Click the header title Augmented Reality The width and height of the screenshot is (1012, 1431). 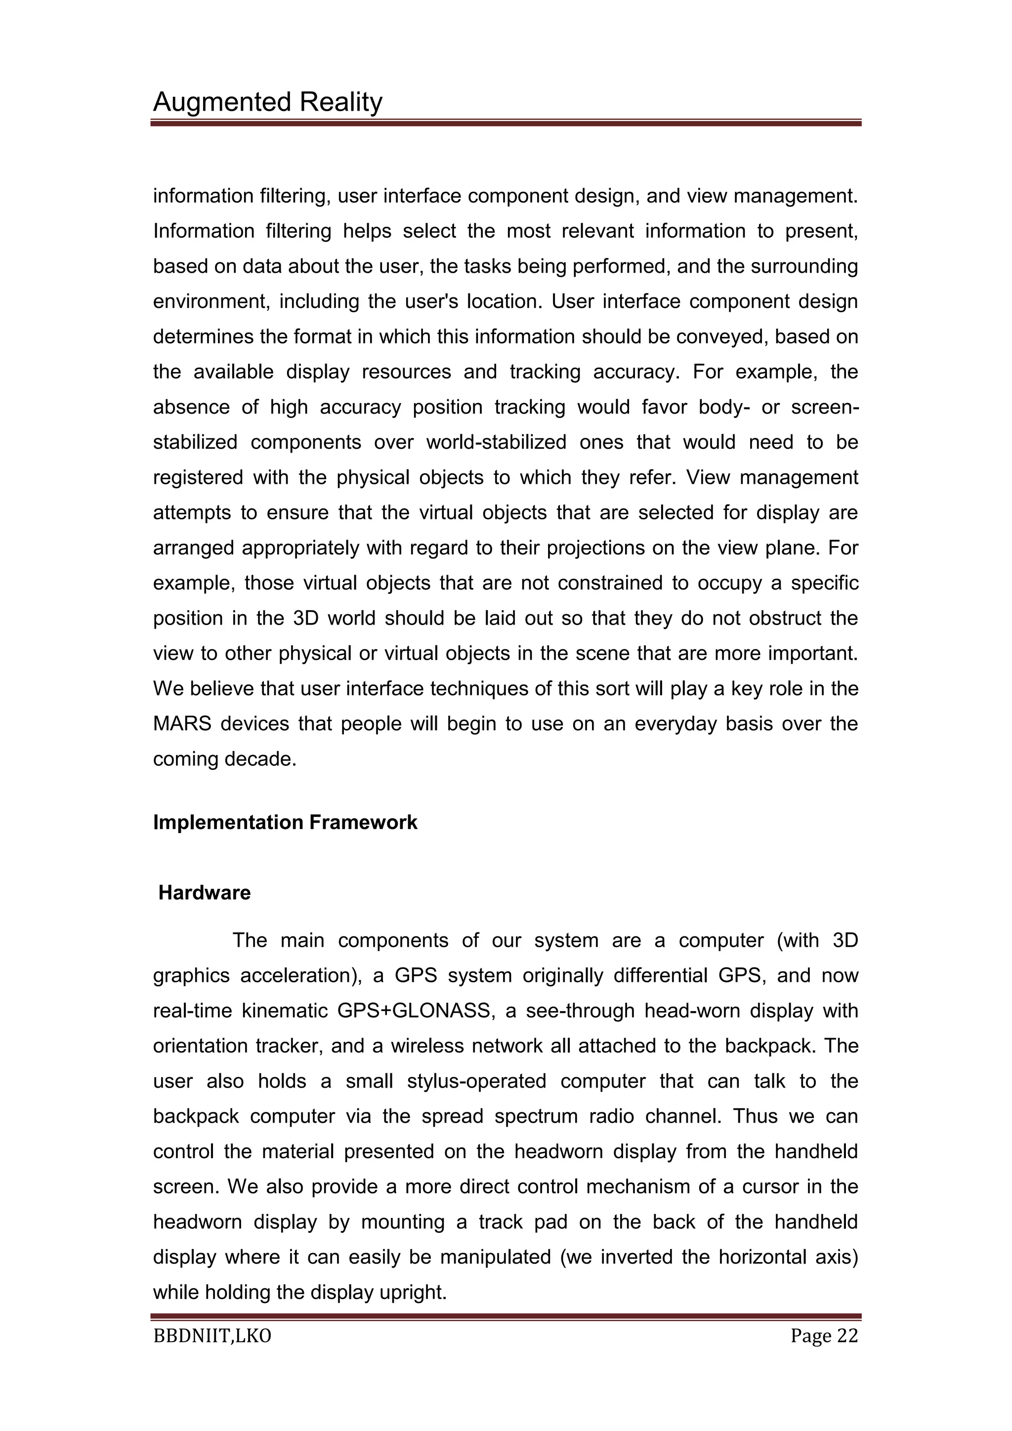click(267, 102)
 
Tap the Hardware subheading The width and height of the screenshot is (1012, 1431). click(205, 892)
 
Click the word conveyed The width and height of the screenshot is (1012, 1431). click(726, 337)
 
